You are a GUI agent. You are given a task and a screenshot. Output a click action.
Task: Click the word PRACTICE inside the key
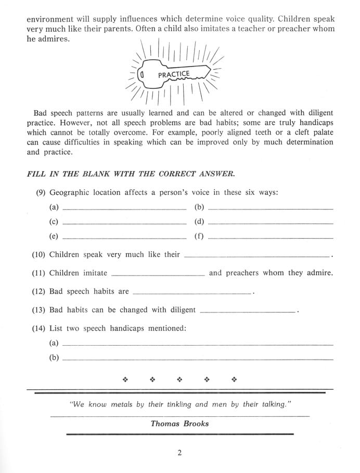[173, 75]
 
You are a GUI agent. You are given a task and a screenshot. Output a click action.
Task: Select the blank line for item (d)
[269, 222]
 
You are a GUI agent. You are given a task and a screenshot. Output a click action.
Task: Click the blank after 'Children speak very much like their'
[257, 256]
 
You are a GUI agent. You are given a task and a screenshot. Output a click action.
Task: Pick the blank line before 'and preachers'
[158, 274]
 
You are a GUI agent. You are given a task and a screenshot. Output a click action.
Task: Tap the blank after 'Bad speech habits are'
[192, 293]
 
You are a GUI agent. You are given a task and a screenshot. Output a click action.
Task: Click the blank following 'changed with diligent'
[247, 311]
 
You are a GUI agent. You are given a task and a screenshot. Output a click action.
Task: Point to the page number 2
[179, 453]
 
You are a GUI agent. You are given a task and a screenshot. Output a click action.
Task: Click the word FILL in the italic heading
[36, 174]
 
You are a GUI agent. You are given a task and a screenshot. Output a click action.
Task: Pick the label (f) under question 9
[199, 237]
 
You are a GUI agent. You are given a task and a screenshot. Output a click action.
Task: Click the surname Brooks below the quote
[196, 424]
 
